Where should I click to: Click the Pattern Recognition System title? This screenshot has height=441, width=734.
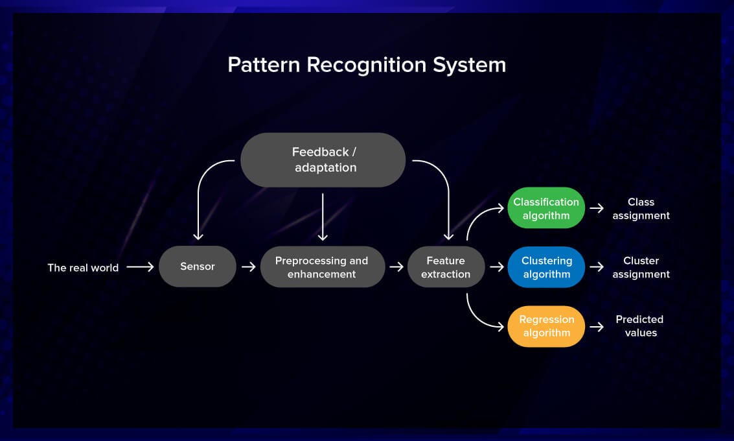(367, 65)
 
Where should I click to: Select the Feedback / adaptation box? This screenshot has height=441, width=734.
(323, 160)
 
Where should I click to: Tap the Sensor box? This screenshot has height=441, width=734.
(198, 267)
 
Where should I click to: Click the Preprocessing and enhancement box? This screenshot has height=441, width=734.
(322, 267)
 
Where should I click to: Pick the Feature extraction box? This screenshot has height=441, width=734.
(446, 267)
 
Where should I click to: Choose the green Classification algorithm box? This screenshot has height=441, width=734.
(546, 208)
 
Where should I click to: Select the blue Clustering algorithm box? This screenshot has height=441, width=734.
(546, 267)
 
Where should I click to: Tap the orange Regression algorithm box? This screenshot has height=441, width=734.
(546, 326)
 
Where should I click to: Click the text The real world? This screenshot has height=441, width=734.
(83, 267)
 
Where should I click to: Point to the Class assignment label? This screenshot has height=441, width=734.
(641, 208)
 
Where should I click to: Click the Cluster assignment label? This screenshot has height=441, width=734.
(641, 267)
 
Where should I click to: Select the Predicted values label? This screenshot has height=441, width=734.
(639, 326)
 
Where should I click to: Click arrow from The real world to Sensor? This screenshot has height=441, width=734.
(140, 267)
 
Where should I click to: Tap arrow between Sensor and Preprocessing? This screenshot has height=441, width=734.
(248, 267)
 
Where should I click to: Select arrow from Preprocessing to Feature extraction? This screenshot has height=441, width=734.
(396, 267)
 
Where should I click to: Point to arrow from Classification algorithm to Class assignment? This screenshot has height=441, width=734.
(597, 208)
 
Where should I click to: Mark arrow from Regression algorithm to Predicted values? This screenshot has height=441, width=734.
(597, 326)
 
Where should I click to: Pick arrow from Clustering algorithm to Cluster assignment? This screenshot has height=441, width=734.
(597, 267)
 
